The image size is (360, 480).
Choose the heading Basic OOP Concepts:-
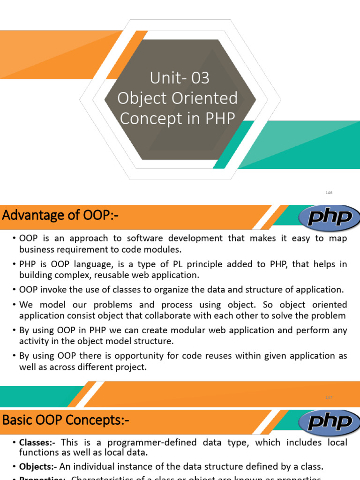click(66, 420)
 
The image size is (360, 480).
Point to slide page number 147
click(329, 397)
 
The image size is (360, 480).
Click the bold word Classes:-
click(38, 442)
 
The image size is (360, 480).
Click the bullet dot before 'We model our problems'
click(15, 305)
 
